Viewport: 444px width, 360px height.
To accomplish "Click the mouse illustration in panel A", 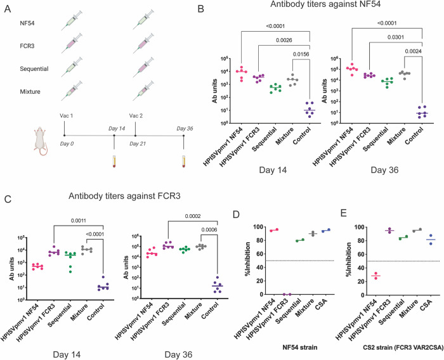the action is point(41,141).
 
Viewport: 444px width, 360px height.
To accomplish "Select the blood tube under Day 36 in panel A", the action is point(183,161).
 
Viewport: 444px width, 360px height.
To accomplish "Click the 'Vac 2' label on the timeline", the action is point(136,116).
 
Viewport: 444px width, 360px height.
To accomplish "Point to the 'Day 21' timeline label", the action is point(138,144).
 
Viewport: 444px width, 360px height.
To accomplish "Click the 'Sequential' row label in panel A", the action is point(34,69).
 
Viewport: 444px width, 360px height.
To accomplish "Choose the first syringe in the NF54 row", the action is point(72,20).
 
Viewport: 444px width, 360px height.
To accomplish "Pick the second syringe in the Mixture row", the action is point(143,91).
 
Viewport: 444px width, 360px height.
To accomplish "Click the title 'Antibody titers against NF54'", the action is point(325,4).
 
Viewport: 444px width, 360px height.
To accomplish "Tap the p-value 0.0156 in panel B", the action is point(301,54).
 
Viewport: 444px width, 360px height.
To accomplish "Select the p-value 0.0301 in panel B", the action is point(396,37).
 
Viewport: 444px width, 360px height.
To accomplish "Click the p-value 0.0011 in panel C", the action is point(79,221).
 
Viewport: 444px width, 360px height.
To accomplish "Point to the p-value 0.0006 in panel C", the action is point(209,230).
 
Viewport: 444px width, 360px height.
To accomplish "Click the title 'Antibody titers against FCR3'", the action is point(124,196).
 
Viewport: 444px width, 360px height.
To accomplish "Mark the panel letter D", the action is point(236,214).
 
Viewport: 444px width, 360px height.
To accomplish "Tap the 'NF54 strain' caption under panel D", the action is point(300,347).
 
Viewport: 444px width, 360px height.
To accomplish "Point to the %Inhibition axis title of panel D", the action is point(248,260).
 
